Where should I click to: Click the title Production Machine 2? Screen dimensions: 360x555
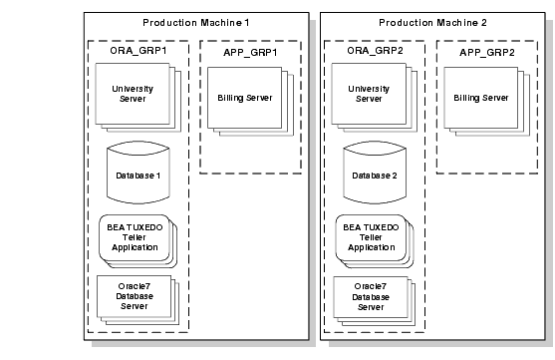coord(430,22)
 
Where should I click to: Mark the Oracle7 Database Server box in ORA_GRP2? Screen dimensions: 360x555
coord(368,295)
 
